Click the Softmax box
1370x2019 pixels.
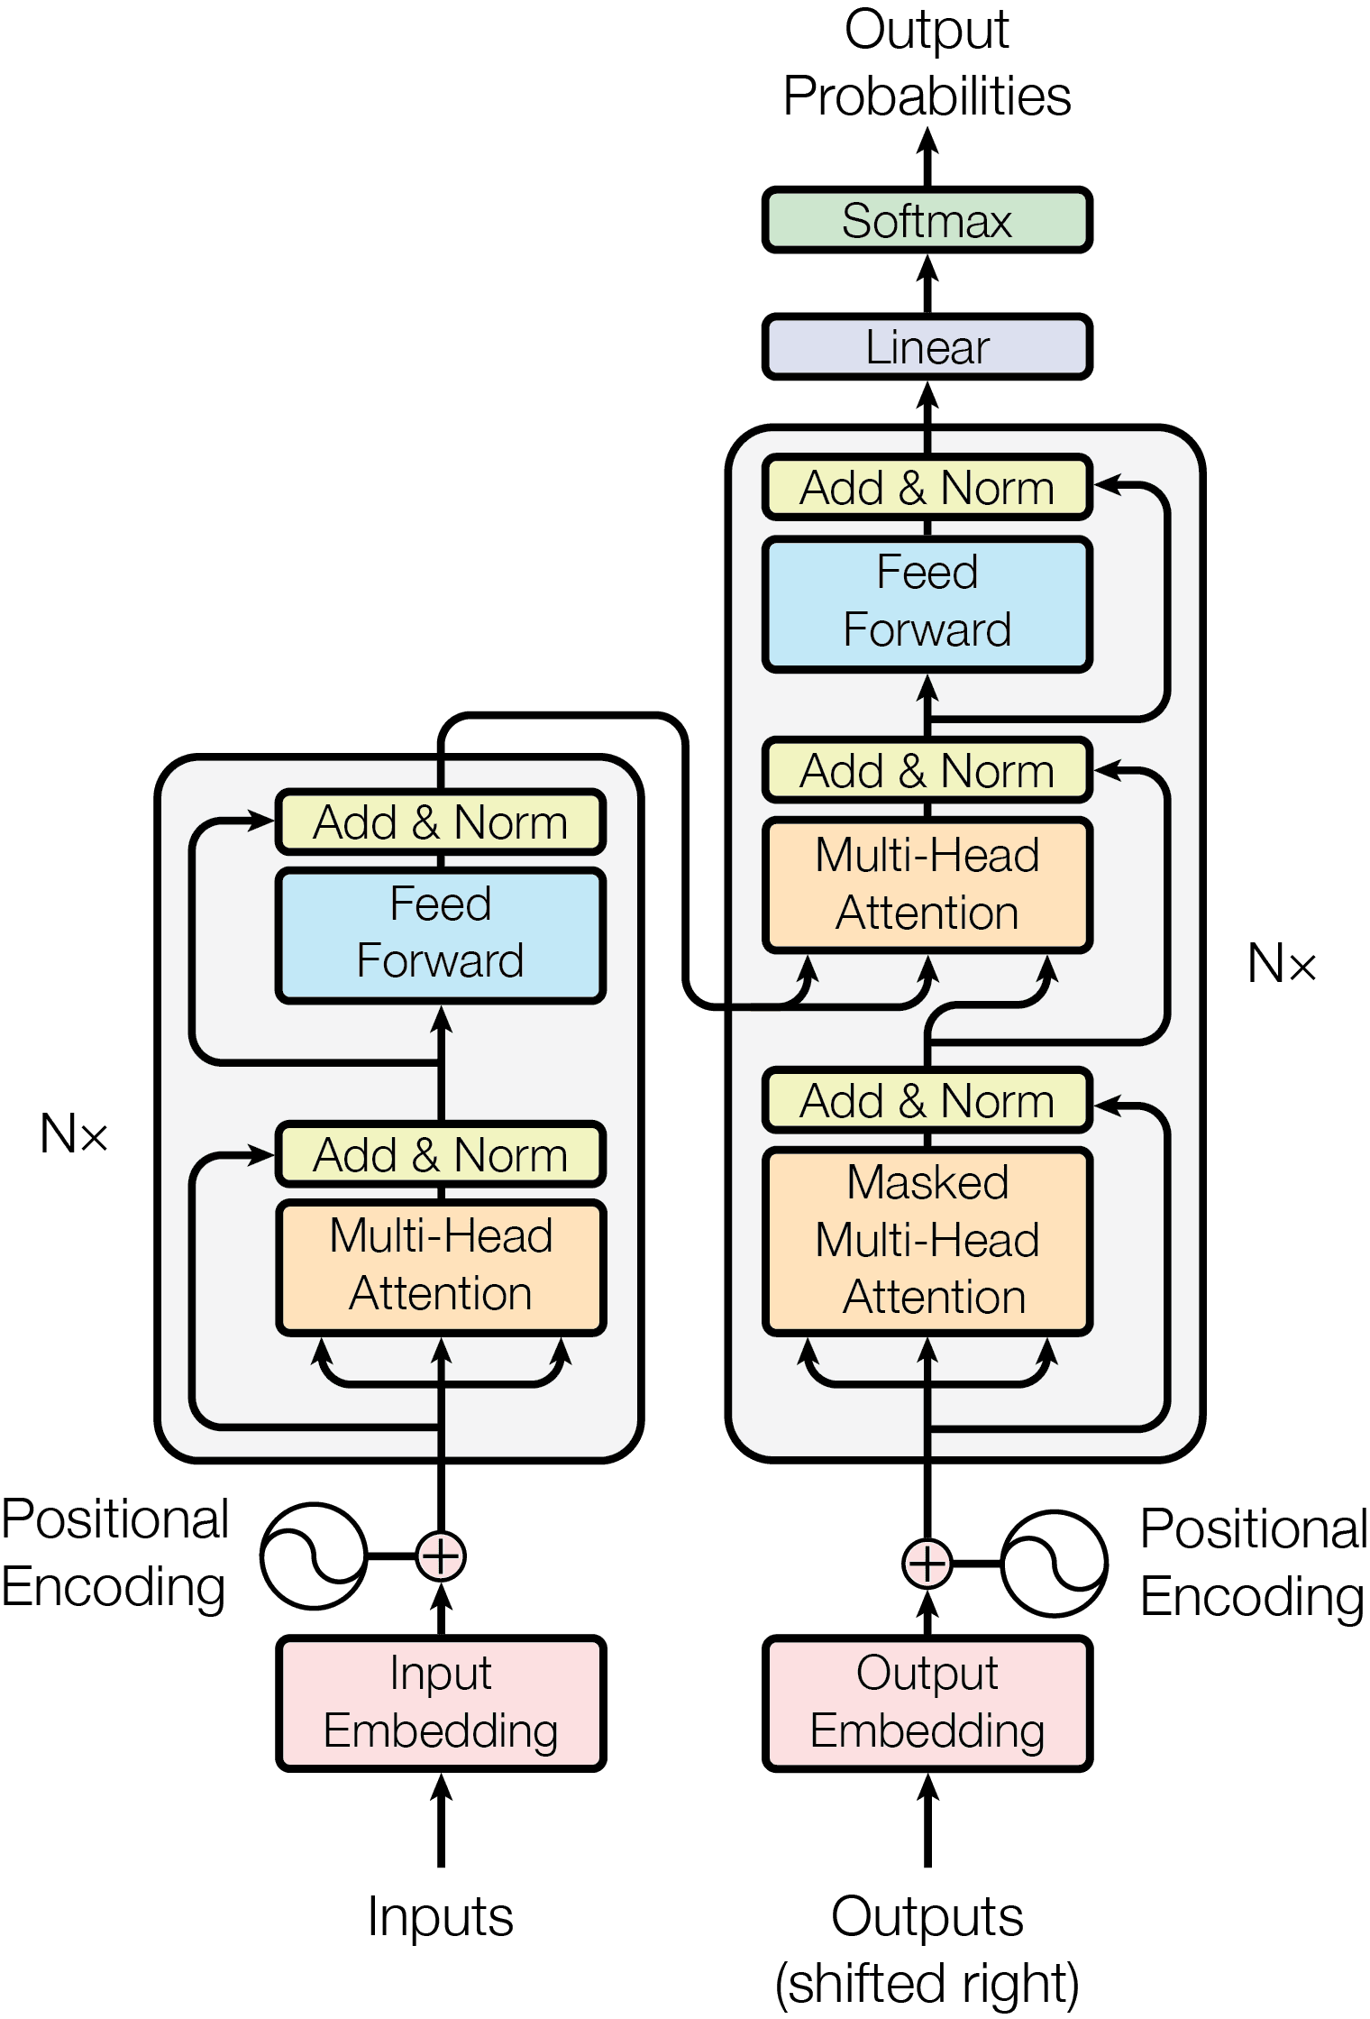[x=927, y=221]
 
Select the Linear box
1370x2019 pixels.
[x=927, y=347]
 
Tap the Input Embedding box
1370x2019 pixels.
[x=441, y=1702]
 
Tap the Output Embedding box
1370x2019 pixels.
[x=927, y=1702]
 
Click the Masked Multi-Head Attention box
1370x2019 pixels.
[x=927, y=1241]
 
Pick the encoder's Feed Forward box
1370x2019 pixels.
[x=441, y=934]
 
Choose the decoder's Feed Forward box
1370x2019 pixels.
[x=927, y=602]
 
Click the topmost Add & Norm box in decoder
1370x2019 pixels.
[x=927, y=488]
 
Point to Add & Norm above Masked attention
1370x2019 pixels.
[x=927, y=1101]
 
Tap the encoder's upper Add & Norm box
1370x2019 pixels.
[x=441, y=822]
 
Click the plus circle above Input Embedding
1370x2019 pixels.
[x=441, y=1556]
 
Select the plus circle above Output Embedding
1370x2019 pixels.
[x=927, y=1563]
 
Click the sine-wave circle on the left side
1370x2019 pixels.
[x=314, y=1556]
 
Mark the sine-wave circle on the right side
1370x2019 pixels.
[x=1054, y=1563]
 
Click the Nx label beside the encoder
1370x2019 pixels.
[x=74, y=1133]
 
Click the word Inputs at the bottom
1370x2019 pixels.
[x=441, y=1916]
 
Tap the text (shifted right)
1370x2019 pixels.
[x=927, y=1983]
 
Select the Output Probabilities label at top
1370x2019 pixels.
[x=927, y=63]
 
